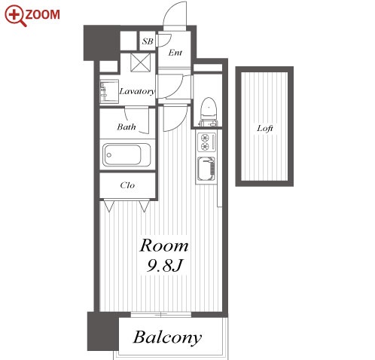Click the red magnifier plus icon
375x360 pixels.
[x=14, y=15]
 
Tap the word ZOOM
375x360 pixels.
[x=43, y=14]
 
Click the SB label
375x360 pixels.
[x=148, y=41]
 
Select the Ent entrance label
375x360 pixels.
[x=175, y=53]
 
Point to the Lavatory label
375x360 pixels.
[x=137, y=91]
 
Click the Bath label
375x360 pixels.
[x=127, y=127]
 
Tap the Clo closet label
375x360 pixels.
[x=127, y=185]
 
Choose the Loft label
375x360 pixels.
[x=265, y=129]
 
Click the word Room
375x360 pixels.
[x=164, y=246]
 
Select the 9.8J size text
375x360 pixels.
[x=164, y=265]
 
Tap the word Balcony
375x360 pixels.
[x=167, y=337]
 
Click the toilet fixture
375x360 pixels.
[x=209, y=111]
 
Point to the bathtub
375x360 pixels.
[x=127, y=155]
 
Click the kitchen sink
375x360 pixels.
[x=206, y=169]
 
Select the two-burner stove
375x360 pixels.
[x=207, y=142]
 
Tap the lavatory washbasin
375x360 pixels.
[x=109, y=91]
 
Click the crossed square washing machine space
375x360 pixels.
[x=141, y=63]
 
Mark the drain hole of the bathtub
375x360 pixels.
[x=109, y=155]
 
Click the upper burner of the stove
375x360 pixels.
[x=205, y=138]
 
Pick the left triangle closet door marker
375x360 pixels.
[x=109, y=206]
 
